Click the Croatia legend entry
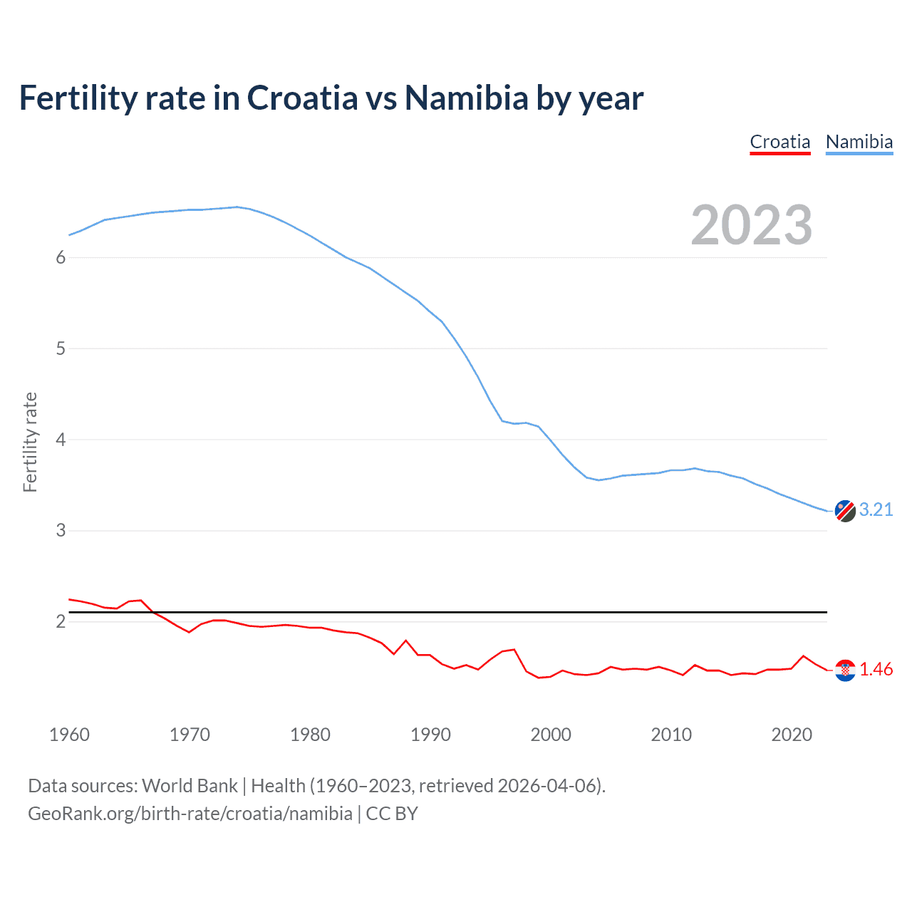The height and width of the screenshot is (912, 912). [780, 142]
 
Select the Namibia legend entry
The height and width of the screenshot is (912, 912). [859, 142]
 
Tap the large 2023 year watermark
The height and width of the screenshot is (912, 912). [752, 225]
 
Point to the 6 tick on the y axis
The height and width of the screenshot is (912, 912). [61, 257]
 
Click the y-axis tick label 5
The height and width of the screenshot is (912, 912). [61, 348]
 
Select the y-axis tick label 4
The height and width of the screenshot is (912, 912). [61, 440]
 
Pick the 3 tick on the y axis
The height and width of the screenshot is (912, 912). [61, 531]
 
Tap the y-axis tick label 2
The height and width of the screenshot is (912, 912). [61, 621]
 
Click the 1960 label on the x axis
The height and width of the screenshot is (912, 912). [69, 735]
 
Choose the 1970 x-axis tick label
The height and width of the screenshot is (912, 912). [190, 735]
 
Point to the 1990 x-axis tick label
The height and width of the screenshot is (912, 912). [430, 735]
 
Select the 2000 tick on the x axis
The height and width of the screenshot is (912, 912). [551, 735]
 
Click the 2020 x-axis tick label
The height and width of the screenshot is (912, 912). [792, 735]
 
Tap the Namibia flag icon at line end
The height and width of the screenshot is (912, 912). [845, 511]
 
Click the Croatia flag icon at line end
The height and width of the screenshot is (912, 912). [845, 670]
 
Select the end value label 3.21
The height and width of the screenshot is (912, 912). [876, 509]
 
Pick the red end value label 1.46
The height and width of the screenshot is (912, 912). [876, 669]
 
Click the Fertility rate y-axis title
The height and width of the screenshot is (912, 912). [30, 442]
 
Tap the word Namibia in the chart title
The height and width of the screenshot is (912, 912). [467, 98]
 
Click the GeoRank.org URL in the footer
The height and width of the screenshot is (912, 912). [190, 814]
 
